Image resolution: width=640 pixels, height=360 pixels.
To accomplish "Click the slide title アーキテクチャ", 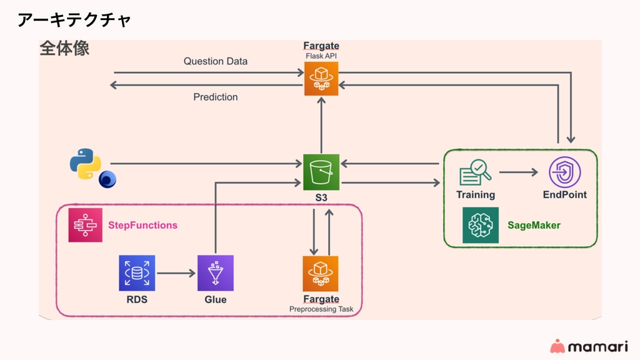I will [74, 20].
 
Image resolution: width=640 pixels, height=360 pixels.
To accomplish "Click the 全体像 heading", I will [64, 49].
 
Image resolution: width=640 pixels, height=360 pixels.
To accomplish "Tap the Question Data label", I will [215, 61].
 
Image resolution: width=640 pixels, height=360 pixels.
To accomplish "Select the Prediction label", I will [215, 97].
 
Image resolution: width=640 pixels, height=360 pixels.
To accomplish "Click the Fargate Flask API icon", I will [321, 79].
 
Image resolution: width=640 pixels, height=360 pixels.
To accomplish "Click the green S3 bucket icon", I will [321, 172].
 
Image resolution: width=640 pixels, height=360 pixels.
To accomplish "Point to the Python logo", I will [86, 164].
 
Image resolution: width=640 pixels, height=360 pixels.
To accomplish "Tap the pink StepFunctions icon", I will [85, 225].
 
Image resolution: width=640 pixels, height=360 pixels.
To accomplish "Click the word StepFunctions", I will [142, 225].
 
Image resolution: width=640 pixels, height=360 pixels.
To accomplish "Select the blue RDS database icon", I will [137, 273].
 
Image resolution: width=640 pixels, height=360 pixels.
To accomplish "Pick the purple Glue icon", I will [216, 273].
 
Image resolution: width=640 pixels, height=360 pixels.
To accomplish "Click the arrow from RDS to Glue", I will [176, 273].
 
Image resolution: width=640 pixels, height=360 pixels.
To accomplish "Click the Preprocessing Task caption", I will [321, 309].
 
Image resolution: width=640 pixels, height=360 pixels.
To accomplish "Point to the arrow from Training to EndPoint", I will [519, 172].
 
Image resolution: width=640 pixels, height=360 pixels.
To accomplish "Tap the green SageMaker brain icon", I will [481, 225].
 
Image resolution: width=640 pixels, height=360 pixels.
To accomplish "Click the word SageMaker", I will [534, 225].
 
